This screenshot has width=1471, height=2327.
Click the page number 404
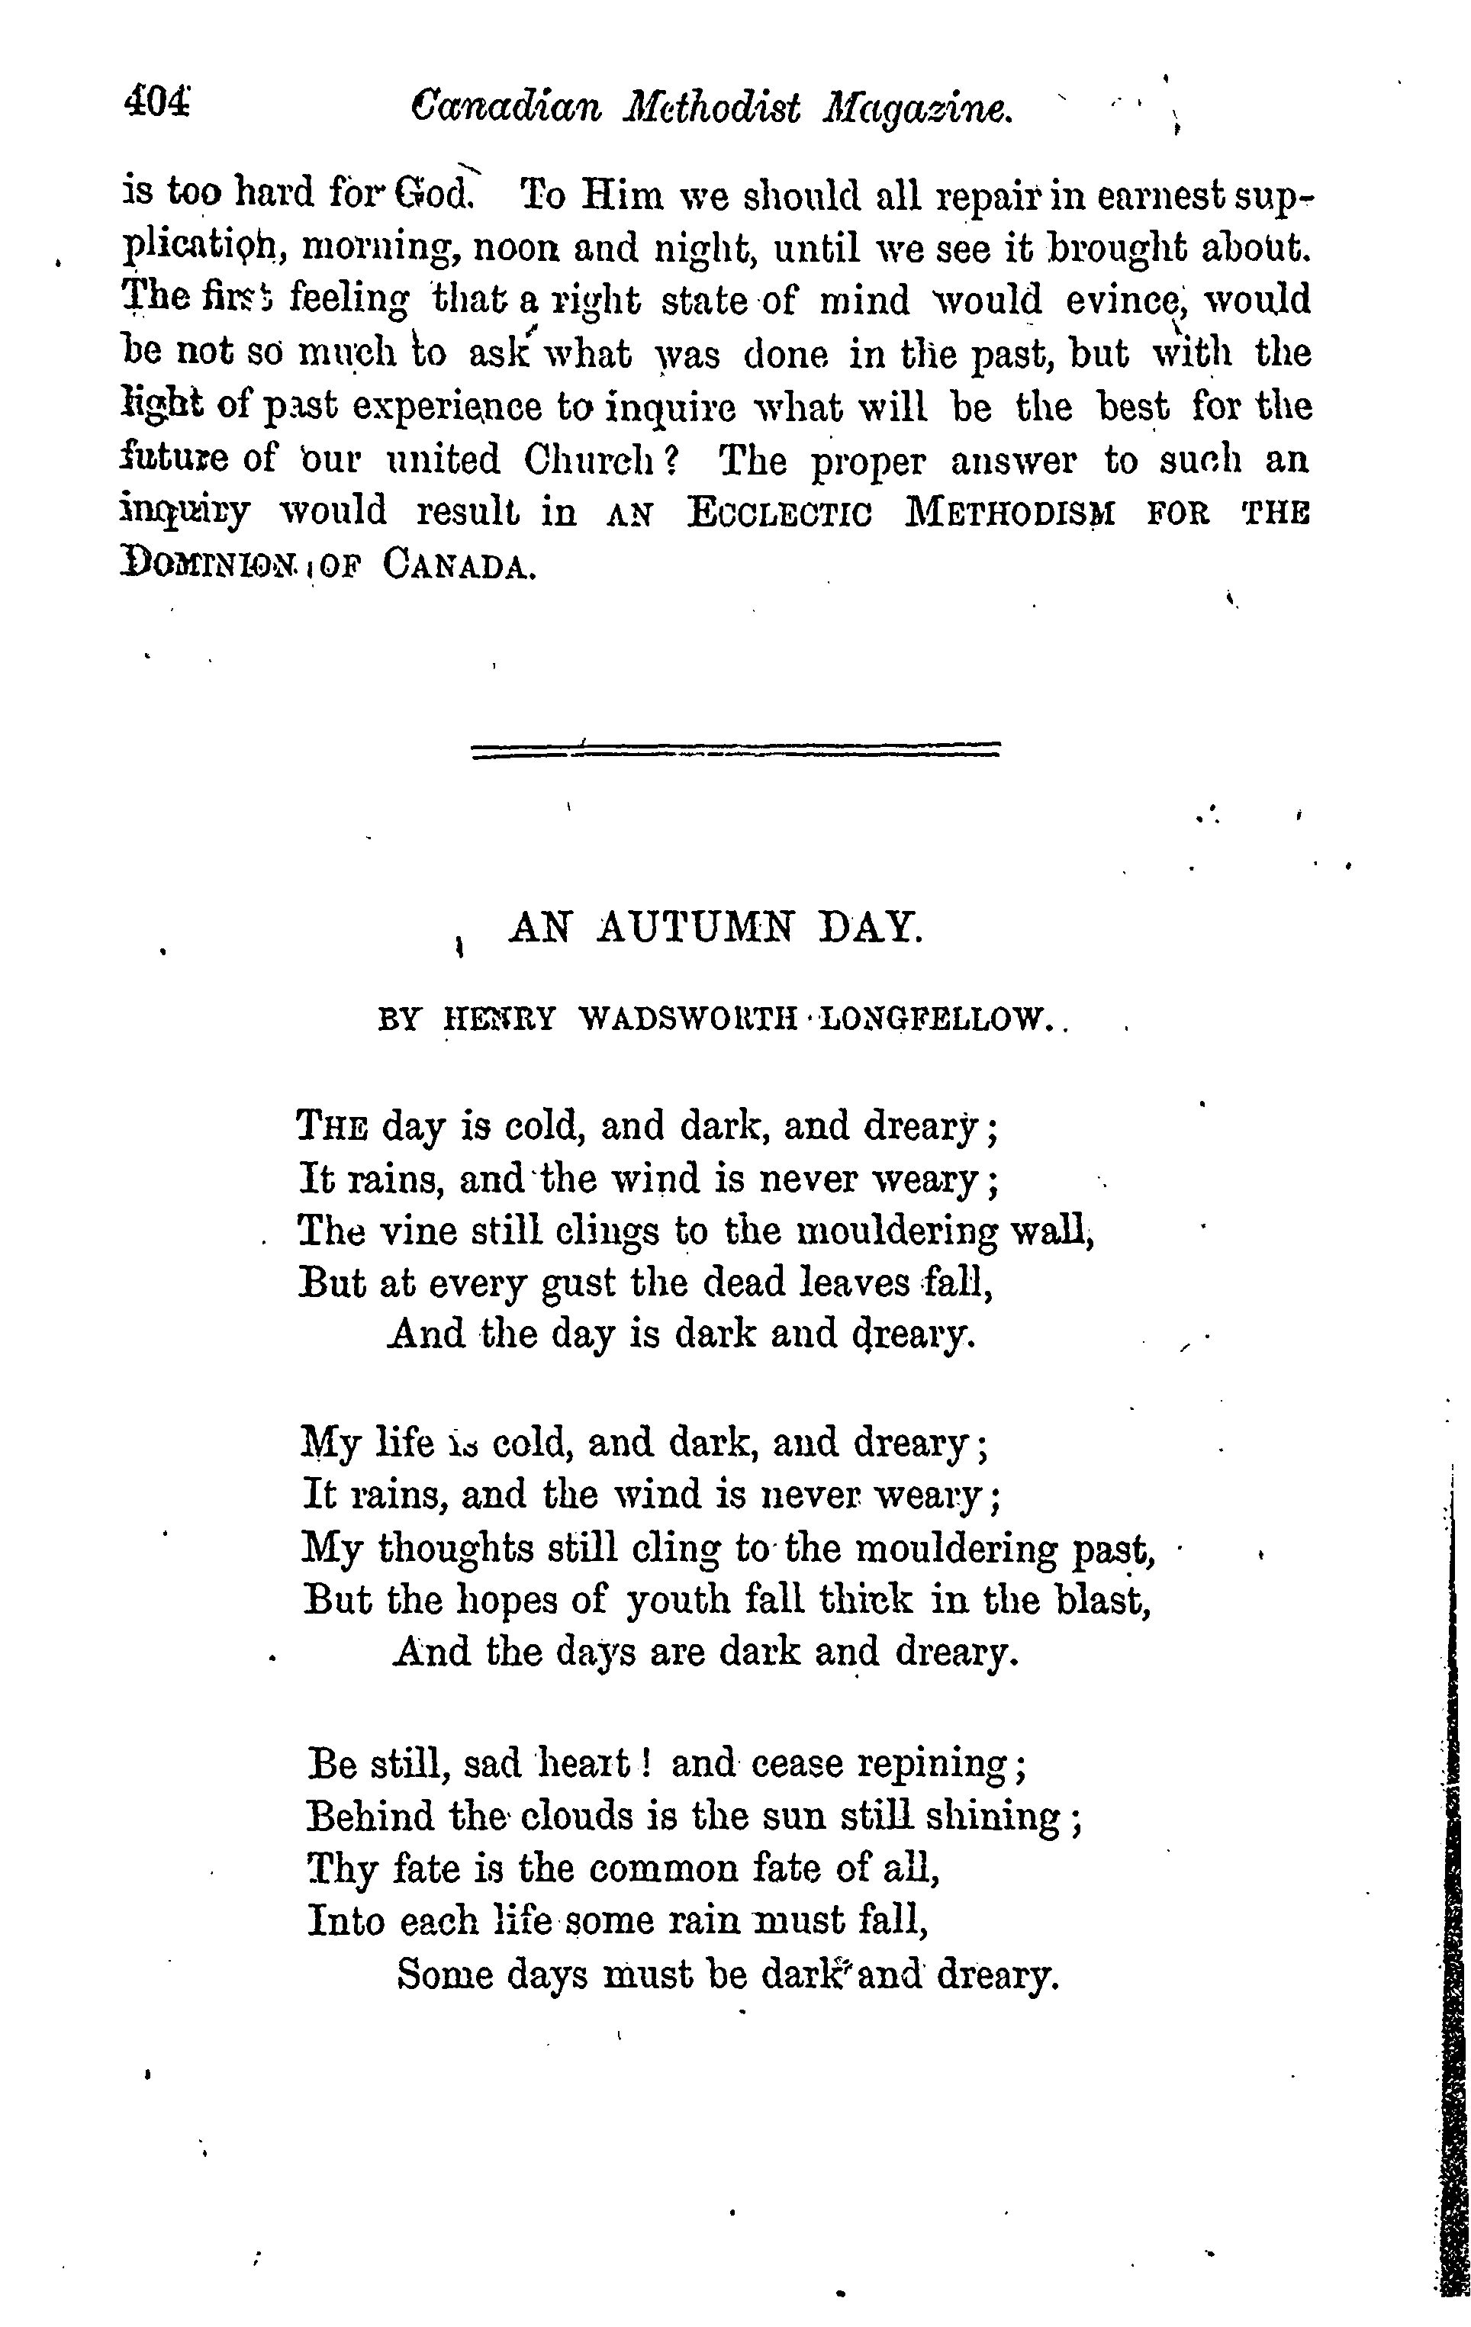tap(156, 101)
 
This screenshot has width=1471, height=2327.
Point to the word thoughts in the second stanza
tap(456, 1549)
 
